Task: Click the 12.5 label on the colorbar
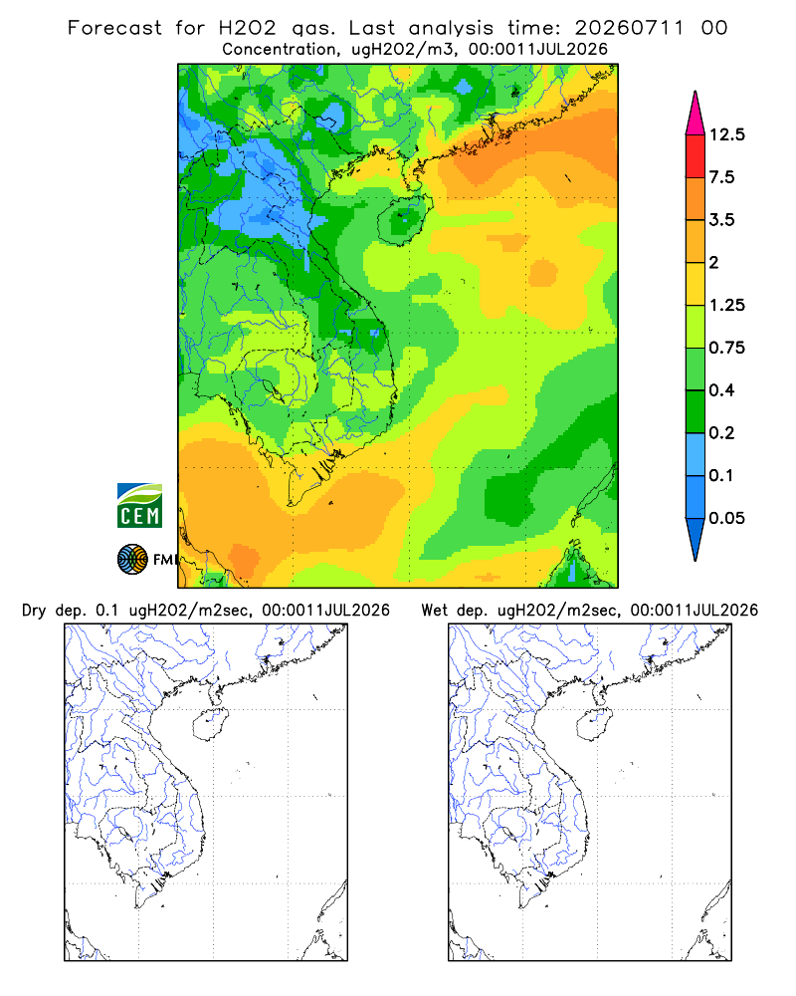[x=726, y=134]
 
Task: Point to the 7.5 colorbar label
[x=721, y=177]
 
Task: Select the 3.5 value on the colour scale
[x=721, y=220]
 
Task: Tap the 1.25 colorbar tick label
[x=726, y=305]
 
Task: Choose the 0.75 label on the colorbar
[x=726, y=348]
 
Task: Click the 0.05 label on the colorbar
[x=726, y=518]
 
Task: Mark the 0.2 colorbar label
[x=721, y=432]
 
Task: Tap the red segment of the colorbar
[x=696, y=156]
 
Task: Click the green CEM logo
[x=139, y=506]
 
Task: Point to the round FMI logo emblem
[x=132, y=560]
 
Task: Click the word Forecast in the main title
[x=114, y=28]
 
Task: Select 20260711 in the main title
[x=630, y=28]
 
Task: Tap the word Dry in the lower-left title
[x=34, y=611]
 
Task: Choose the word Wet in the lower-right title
[x=435, y=611]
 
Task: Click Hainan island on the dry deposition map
[x=210, y=724]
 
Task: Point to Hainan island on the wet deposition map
[x=594, y=724]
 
